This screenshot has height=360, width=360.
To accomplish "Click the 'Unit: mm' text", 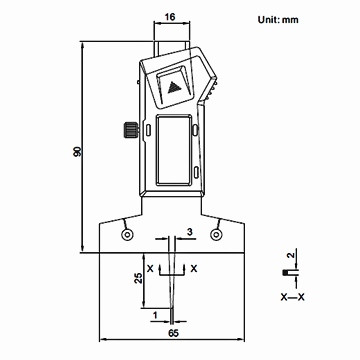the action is [x=278, y=20].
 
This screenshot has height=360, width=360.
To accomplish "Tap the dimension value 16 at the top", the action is [x=170, y=17].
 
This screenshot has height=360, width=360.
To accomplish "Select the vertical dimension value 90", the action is [x=77, y=152].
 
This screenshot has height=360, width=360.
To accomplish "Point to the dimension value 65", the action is [x=173, y=333].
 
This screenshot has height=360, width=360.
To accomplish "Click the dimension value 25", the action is [x=139, y=277].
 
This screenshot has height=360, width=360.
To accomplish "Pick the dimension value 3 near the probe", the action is [x=189, y=232].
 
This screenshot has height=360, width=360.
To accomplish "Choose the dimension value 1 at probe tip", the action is [x=155, y=314].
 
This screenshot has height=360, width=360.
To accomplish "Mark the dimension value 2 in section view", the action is [x=291, y=255].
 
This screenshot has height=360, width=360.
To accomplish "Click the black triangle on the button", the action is [x=174, y=88].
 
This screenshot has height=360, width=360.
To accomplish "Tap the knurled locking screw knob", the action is [x=130, y=130].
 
